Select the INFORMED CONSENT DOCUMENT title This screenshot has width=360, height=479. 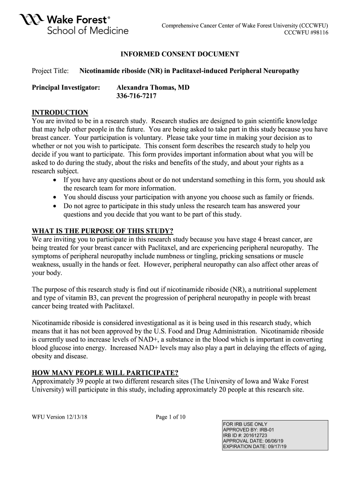180,54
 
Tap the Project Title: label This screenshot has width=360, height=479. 50,71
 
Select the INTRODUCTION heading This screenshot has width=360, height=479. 60,112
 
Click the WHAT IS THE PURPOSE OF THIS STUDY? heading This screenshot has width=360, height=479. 102,231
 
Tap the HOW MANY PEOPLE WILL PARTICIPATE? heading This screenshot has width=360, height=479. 105,373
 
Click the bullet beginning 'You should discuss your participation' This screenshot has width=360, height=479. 189,197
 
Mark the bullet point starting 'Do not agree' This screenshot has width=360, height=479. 57,206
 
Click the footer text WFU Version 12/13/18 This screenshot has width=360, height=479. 59,417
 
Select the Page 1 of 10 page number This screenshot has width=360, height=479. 170,417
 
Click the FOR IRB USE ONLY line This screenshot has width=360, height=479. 245,424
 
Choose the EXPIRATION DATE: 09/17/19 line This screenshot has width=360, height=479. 255,447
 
